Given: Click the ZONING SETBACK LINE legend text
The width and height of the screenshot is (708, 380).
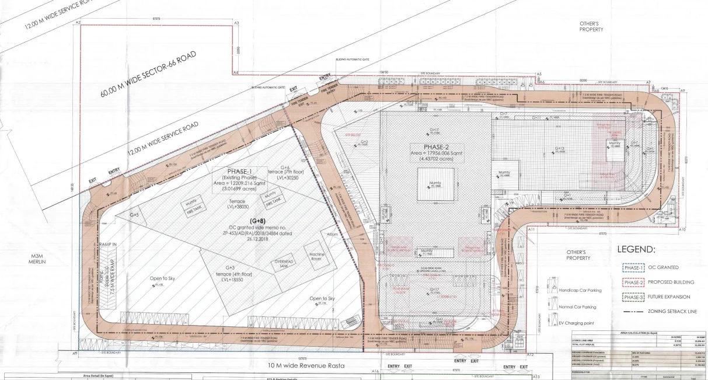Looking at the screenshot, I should [672, 312].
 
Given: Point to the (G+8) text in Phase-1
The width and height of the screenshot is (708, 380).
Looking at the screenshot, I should [257, 221].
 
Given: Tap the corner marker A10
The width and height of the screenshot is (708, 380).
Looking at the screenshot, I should [682, 230].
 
